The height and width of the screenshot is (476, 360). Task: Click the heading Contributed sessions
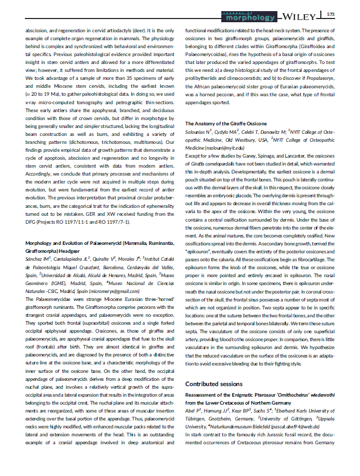214,383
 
